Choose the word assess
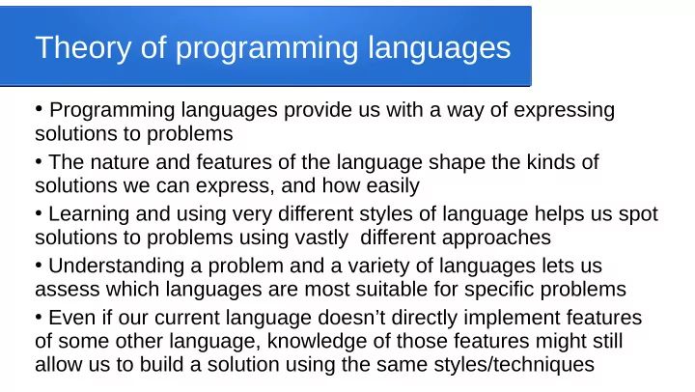[x=64, y=290]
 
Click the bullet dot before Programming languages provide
[x=39, y=108]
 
